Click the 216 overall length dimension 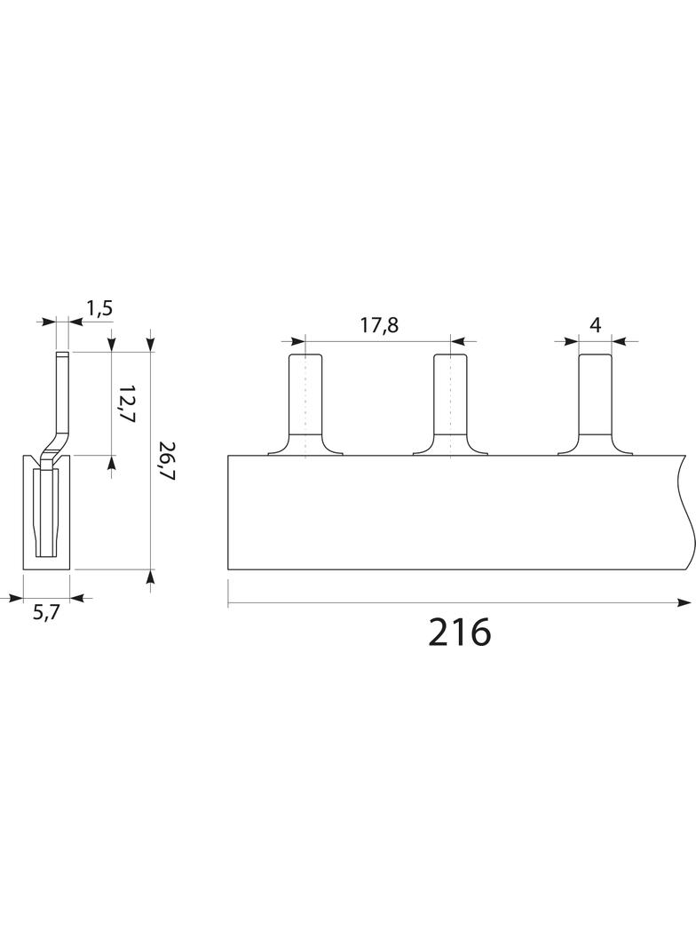click(x=460, y=633)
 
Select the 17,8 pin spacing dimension click(x=380, y=325)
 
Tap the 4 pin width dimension click(x=595, y=325)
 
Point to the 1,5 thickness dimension click(x=99, y=308)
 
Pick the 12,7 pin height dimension click(x=126, y=404)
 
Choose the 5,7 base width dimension click(x=46, y=613)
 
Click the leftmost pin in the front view click(x=305, y=404)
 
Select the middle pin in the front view click(x=450, y=404)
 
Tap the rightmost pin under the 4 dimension click(x=595, y=404)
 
